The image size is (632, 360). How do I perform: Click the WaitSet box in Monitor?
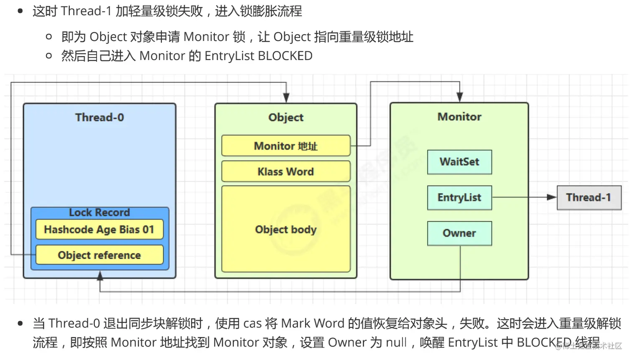pyautogui.click(x=459, y=162)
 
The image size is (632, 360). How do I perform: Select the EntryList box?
pyautogui.click(x=459, y=197)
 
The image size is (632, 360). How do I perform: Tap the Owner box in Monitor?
pyautogui.click(x=459, y=233)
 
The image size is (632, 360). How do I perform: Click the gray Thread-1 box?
pyautogui.click(x=589, y=197)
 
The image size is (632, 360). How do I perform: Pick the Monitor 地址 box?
pyautogui.click(x=286, y=146)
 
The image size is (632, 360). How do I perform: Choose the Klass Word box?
pyautogui.click(x=286, y=171)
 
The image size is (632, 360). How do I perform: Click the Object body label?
pyautogui.click(x=286, y=230)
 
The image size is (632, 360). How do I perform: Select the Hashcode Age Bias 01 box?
pyautogui.click(x=99, y=230)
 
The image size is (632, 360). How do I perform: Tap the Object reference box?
pyautogui.click(x=99, y=255)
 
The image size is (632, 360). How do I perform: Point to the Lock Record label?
pyautogui.click(x=99, y=212)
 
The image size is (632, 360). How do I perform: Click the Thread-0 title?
pyautogui.click(x=99, y=117)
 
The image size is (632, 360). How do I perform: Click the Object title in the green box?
pyautogui.click(x=286, y=117)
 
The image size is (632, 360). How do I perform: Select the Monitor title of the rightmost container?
pyautogui.click(x=459, y=117)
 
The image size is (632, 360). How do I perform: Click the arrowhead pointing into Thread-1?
pyautogui.click(x=552, y=197)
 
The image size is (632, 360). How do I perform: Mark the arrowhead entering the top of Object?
pyautogui.click(x=286, y=98)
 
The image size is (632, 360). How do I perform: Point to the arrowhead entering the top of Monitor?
pyautogui.click(x=460, y=97)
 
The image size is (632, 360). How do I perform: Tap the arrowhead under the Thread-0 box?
pyautogui.click(x=100, y=276)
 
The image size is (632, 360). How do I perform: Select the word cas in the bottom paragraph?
pyautogui.click(x=252, y=323)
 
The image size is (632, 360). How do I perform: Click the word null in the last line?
pyautogui.click(x=396, y=342)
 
